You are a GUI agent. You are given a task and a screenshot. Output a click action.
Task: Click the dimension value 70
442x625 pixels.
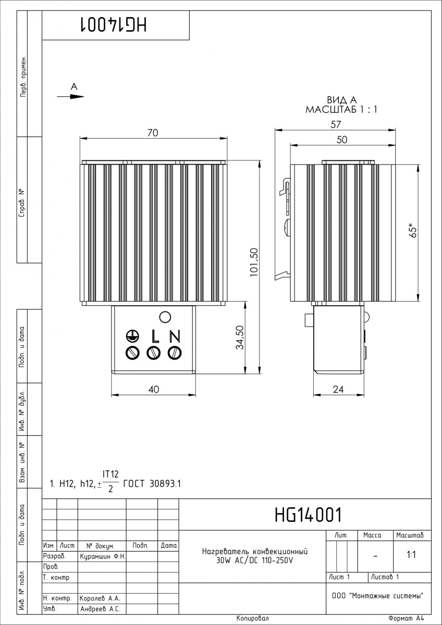153,133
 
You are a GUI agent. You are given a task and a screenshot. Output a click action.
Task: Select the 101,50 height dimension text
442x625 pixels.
254,262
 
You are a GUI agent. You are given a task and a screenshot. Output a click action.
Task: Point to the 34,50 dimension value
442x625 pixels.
240,337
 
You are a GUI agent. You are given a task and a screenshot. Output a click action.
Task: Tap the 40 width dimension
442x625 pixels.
154,389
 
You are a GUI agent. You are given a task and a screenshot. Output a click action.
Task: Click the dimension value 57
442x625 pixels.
336,124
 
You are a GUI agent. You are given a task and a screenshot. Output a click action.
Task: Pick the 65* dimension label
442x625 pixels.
413,230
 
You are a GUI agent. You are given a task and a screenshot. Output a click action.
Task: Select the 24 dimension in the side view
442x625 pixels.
338,389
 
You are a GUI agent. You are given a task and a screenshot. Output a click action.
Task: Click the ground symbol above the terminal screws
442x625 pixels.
132,336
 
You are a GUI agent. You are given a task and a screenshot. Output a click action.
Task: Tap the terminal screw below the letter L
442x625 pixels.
154,353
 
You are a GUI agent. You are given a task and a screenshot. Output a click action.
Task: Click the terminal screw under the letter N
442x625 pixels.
175,353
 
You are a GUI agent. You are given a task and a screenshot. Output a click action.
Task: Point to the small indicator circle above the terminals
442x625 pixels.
165,317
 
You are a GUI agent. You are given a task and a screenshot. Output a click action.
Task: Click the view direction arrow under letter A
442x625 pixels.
70,96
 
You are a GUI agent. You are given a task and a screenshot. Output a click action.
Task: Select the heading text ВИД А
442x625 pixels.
342,99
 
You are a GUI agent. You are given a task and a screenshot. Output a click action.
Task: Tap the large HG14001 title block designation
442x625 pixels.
308,515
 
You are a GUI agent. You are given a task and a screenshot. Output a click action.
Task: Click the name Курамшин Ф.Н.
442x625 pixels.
103,556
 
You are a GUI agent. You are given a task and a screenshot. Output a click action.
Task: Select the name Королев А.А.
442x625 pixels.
100,598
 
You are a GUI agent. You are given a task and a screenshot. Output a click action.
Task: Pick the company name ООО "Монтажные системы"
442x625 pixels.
378,595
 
